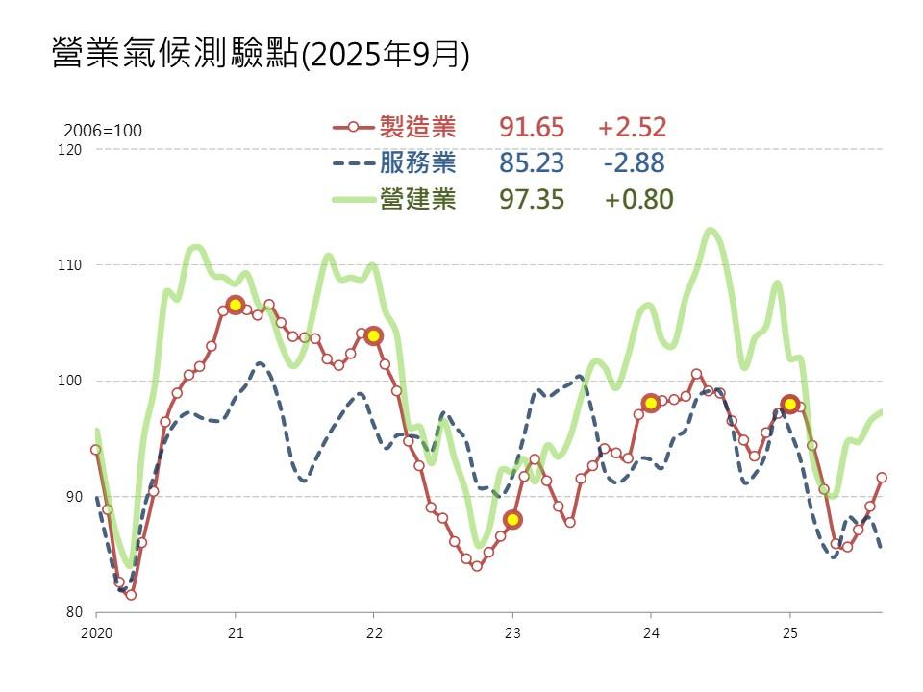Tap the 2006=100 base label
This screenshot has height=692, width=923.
103,131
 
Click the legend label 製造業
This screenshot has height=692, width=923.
418,127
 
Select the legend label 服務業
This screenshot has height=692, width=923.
418,162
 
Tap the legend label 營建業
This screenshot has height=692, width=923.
418,199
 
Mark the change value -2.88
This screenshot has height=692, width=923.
634,162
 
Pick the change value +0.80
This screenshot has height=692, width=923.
638,199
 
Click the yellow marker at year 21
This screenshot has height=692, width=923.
235,305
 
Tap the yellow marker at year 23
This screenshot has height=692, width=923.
512,519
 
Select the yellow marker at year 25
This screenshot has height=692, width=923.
790,404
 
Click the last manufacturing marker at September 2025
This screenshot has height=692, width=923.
882,477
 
